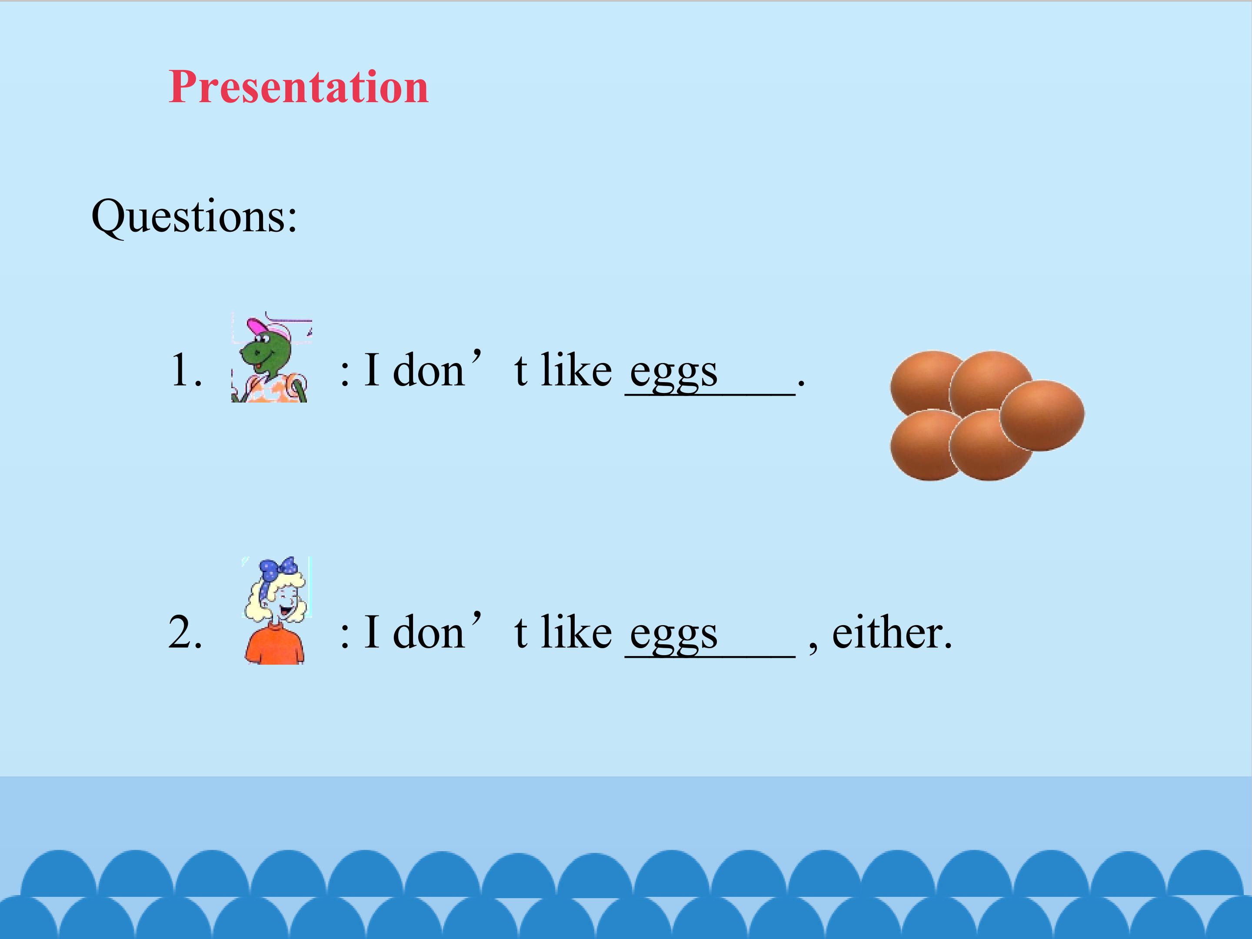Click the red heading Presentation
tap(298, 87)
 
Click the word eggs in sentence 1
tap(673, 373)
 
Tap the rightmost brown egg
tap(1042, 416)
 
